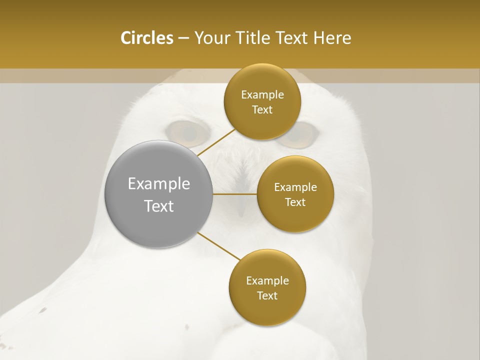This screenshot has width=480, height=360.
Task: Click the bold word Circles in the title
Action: point(146,38)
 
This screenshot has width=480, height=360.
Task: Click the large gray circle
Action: point(159,194)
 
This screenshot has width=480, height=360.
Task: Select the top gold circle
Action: point(262,102)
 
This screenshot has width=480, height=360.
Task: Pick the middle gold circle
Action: point(295,194)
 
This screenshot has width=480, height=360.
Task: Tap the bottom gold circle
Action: point(267,287)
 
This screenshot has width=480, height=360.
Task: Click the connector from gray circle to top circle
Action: point(216,142)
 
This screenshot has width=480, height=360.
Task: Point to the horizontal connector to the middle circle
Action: point(235,194)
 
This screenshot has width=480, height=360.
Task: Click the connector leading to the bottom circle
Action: point(218,246)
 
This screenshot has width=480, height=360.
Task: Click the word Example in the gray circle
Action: point(159,184)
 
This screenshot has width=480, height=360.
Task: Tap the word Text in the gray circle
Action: point(159,206)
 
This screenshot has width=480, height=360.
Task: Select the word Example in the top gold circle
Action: point(262,95)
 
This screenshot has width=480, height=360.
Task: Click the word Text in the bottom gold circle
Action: point(267,295)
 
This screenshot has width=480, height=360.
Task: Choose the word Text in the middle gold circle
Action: point(295,202)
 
